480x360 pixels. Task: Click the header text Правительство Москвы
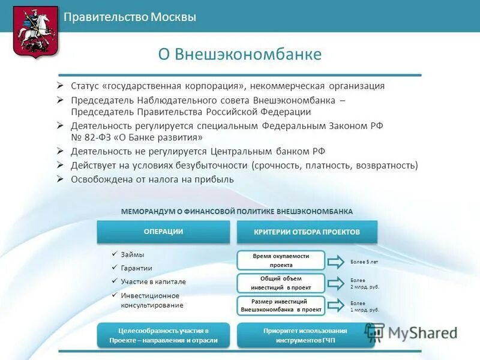click(x=130, y=17)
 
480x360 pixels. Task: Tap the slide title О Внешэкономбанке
click(x=239, y=55)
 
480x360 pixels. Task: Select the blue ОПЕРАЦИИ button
click(x=163, y=232)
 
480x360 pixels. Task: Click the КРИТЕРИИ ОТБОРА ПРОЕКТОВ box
click(x=307, y=232)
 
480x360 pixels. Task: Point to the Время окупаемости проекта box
click(x=281, y=260)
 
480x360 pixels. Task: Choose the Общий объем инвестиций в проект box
click(x=281, y=283)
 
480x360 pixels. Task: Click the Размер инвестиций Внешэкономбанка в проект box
click(x=281, y=305)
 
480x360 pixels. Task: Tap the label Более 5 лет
click(x=364, y=262)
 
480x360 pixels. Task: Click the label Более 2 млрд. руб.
click(x=364, y=283)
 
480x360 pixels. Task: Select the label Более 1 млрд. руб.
click(x=364, y=307)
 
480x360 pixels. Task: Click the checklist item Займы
click(x=132, y=254)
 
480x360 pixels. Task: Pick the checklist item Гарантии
click(x=136, y=268)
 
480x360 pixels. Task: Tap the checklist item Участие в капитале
click(x=153, y=281)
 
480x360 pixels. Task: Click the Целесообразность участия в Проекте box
click(x=163, y=335)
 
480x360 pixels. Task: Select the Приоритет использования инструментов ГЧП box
click(x=305, y=335)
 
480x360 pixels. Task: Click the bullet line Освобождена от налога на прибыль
click(x=152, y=179)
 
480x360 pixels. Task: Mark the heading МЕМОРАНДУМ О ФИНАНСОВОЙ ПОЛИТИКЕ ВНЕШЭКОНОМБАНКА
click(x=237, y=211)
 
